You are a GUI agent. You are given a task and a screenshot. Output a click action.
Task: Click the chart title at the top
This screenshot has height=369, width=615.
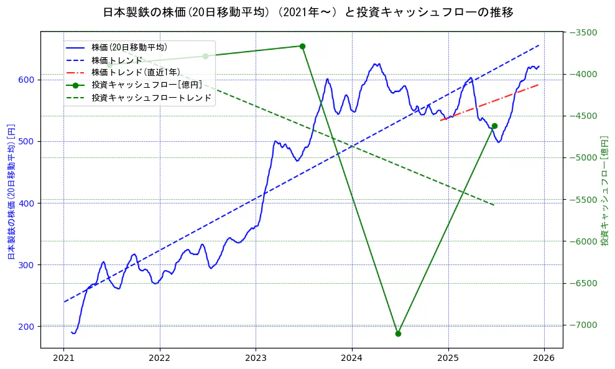coord(308,12)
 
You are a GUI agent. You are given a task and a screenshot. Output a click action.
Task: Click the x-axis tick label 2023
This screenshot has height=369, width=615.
coord(256,358)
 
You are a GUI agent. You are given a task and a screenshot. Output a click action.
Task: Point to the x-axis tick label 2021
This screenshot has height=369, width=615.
coord(63,358)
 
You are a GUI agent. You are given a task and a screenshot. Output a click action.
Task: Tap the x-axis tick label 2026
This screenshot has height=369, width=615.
coord(544,358)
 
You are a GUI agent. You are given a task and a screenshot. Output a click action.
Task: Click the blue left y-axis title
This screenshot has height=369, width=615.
coord(11,191)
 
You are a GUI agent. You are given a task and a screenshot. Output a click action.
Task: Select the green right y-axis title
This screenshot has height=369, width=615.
coord(604,191)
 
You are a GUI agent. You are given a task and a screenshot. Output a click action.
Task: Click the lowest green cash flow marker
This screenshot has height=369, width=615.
coord(398,334)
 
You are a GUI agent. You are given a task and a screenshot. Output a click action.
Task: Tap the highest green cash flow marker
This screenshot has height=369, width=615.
coord(302,46)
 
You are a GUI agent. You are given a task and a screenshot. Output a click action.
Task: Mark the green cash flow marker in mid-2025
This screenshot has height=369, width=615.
coord(494,126)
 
